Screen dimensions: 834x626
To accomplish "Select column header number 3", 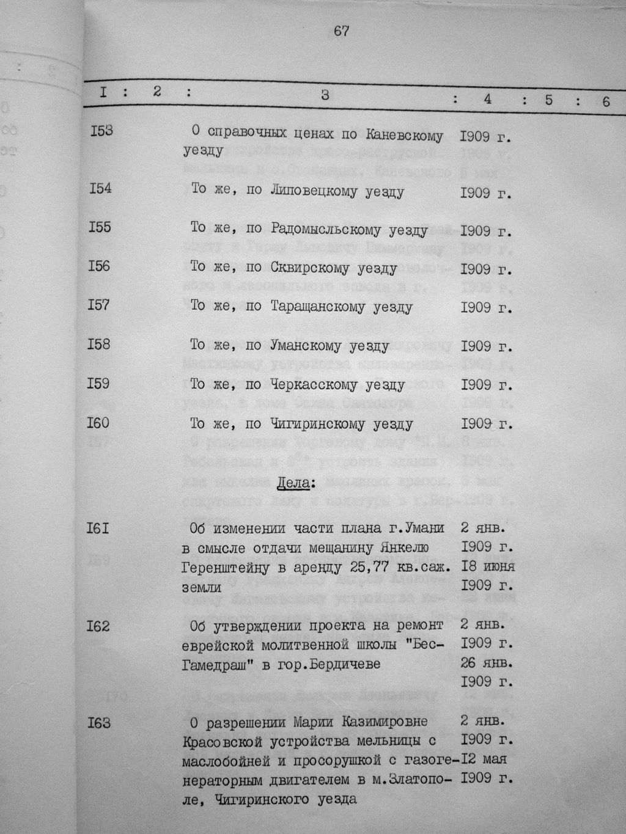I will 325,95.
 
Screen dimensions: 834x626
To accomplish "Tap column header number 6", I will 606,101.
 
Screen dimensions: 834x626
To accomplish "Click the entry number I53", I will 101,131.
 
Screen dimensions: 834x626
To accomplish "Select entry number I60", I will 98,422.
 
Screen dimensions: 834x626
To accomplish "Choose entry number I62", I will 98,625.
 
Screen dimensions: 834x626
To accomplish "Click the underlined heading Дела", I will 295,484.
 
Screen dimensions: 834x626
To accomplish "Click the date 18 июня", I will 487,566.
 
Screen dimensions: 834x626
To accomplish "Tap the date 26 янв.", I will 487,662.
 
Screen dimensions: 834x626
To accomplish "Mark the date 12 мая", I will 484,759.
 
